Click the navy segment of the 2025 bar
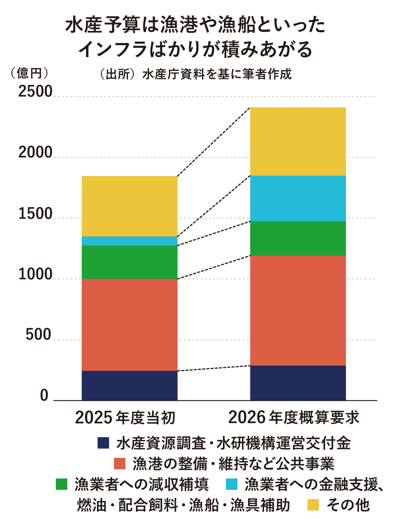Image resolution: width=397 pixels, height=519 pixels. pyautogui.click(x=129, y=385)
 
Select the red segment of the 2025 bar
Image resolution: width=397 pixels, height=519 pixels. pyautogui.click(x=129, y=324)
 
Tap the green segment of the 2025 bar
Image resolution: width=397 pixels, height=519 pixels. pyautogui.click(x=129, y=262)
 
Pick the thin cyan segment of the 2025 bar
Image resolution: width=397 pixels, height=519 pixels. pyautogui.click(x=129, y=241)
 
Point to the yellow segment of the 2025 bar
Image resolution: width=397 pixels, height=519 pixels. pyautogui.click(x=129, y=206)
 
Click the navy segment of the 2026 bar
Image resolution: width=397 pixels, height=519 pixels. pyautogui.click(x=298, y=383)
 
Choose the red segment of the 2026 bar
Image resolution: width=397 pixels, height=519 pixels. pyautogui.click(x=298, y=310)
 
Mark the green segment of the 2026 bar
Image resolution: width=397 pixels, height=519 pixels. pyautogui.click(x=298, y=238)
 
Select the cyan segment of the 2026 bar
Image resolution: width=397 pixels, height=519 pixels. pyautogui.click(x=298, y=198)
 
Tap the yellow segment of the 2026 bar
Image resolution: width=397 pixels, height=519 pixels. pyautogui.click(x=298, y=141)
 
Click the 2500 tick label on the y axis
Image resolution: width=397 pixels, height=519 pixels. pyautogui.click(x=35, y=92)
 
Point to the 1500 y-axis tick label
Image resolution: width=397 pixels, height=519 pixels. pyautogui.click(x=35, y=214)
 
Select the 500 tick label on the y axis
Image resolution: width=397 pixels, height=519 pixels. pyautogui.click(x=38, y=335)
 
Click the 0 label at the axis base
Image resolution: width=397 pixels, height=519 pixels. pyautogui.click(x=44, y=395)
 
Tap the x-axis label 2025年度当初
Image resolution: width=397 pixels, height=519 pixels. pyautogui.click(x=125, y=418)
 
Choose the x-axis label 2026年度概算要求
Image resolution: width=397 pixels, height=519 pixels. pyautogui.click(x=294, y=418)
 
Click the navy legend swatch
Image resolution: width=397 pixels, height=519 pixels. pyautogui.click(x=104, y=443)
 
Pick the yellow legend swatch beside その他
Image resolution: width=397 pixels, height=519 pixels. pyautogui.click(x=313, y=505)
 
